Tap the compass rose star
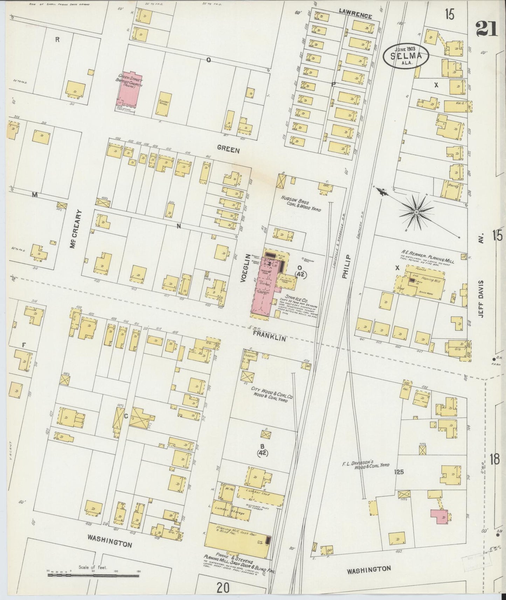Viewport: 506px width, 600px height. click(416, 212)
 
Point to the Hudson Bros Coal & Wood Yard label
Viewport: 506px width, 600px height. click(301, 203)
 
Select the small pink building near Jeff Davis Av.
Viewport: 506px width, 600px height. click(439, 516)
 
